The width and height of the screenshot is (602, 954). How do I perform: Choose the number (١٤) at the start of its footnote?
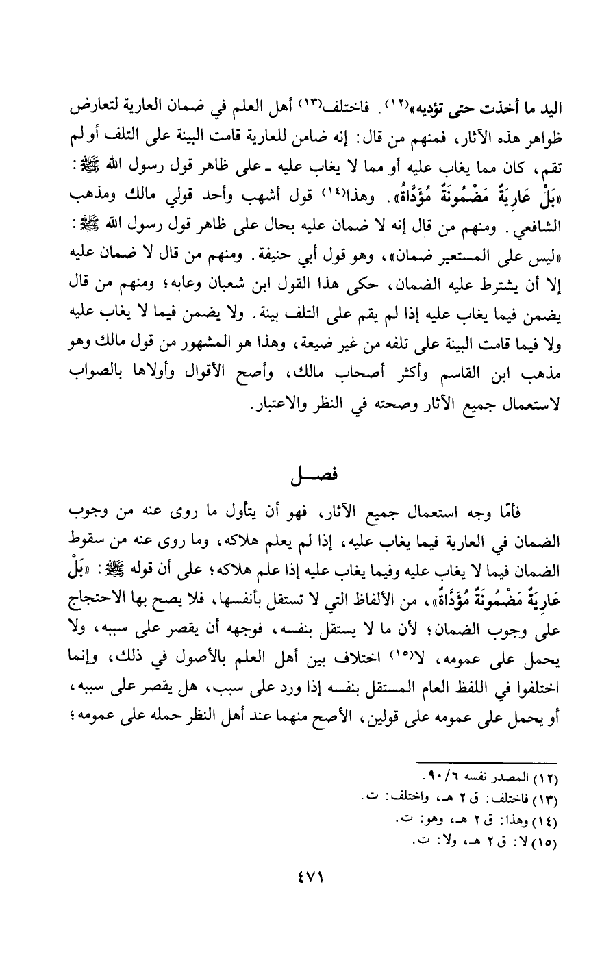tap(544, 821)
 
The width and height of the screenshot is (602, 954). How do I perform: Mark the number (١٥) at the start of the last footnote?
tap(544, 840)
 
